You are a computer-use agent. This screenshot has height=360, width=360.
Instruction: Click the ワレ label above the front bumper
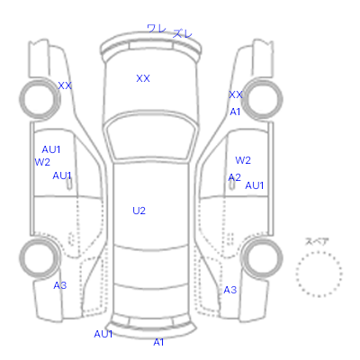(x=157, y=29)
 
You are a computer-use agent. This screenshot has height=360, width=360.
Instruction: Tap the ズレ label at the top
(x=183, y=33)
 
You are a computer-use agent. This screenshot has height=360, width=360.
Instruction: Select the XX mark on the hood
(x=143, y=78)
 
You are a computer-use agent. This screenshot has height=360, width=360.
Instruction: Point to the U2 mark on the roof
(x=139, y=211)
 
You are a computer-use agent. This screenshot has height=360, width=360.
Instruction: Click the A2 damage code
(x=234, y=177)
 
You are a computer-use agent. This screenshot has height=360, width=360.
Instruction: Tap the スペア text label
(x=317, y=241)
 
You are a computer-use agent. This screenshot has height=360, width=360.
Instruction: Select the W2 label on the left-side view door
(x=42, y=162)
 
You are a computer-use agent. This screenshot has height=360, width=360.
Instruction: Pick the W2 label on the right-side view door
(x=243, y=160)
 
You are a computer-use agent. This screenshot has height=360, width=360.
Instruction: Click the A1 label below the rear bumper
(x=158, y=342)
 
